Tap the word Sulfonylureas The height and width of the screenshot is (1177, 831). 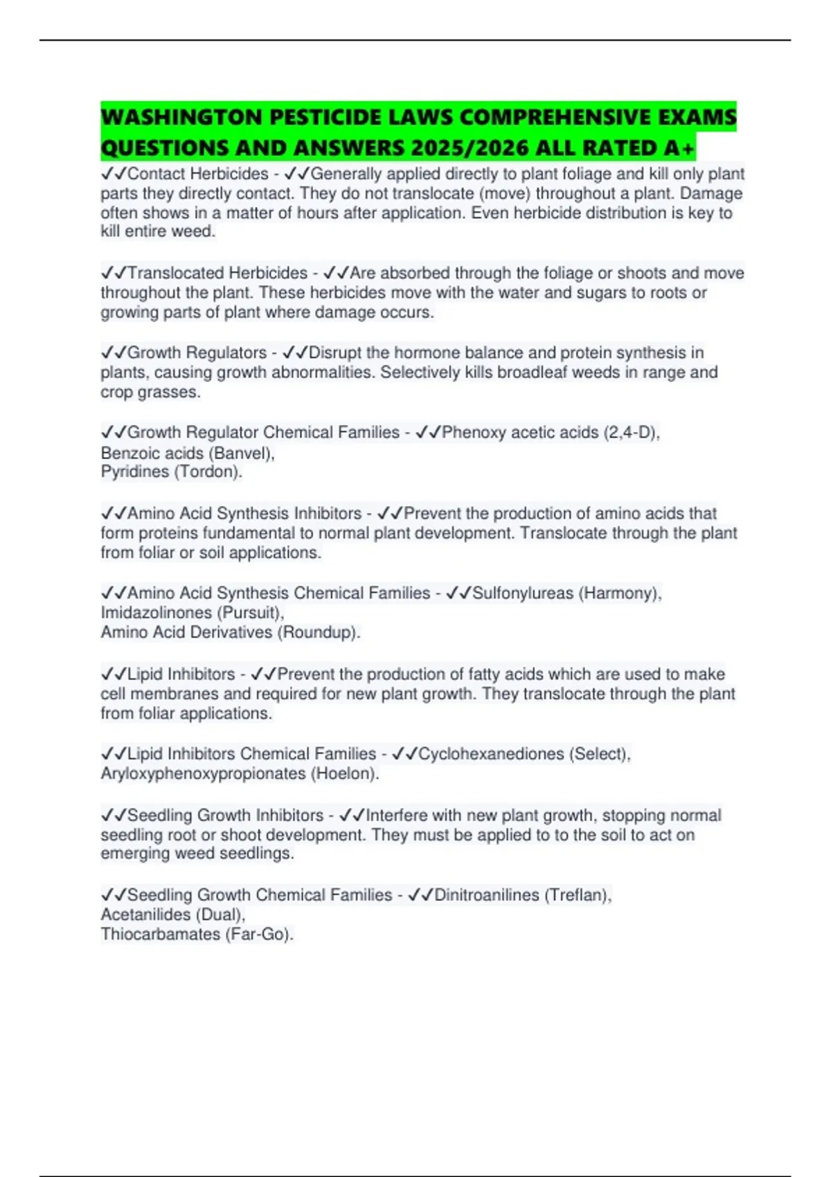(523, 593)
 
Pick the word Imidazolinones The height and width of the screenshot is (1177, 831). (156, 613)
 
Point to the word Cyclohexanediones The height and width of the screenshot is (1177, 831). (491, 754)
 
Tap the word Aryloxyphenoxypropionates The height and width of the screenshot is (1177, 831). (203, 773)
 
